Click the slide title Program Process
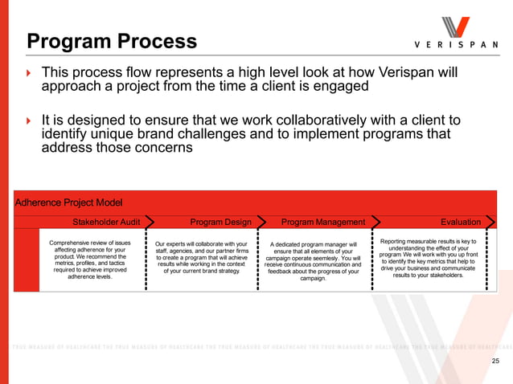[x=112, y=41]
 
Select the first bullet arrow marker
[x=29, y=74]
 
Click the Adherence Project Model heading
[x=69, y=202]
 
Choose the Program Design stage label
[x=220, y=222]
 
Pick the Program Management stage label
[x=322, y=222]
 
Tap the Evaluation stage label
[x=461, y=222]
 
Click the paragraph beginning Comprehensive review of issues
[x=90, y=259]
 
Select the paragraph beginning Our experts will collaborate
[x=201, y=257]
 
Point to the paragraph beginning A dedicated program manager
[x=313, y=261]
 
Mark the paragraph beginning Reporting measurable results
[x=428, y=257]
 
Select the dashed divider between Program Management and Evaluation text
[x=371, y=259]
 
